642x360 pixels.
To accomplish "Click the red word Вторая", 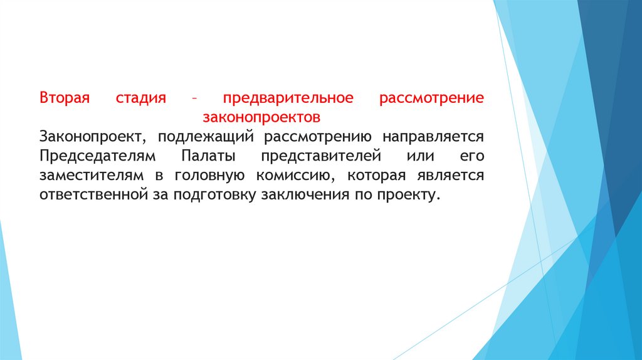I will (x=65, y=98).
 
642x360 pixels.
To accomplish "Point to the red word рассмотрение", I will (x=431, y=98).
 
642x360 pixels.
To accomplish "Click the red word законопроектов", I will (x=261, y=117).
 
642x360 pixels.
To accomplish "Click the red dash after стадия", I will (x=194, y=99).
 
